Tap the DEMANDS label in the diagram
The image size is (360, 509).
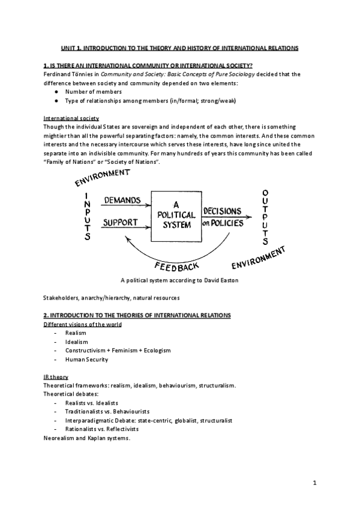coord(122,200)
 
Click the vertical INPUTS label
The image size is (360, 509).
coord(87,216)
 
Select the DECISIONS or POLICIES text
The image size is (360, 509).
coord(223,217)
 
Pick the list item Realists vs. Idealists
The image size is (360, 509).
coord(92,402)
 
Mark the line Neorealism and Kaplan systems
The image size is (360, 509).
coord(86,438)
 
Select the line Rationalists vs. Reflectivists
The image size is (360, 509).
coord(102,429)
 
